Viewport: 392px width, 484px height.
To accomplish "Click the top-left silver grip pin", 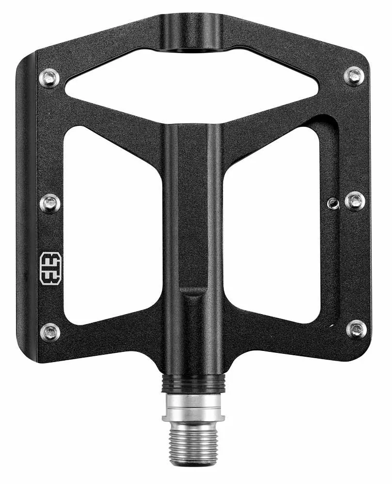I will click(x=49, y=77).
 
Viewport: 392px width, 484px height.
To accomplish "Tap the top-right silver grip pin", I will click(x=354, y=76).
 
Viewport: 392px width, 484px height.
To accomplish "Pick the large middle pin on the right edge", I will click(x=355, y=201).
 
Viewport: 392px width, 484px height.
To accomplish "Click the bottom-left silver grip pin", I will click(x=50, y=332).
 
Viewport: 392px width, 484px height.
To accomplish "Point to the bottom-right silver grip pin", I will click(x=357, y=329).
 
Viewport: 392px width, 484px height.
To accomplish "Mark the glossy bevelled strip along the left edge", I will click(x=27, y=208).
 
